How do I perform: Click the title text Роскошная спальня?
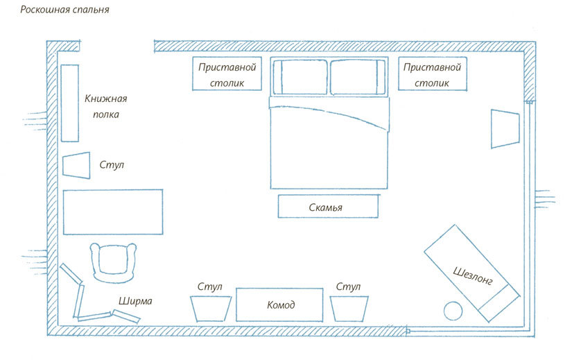[x=64, y=10]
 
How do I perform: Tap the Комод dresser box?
[x=279, y=305]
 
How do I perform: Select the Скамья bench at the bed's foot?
[x=328, y=206]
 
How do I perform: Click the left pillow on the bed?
[x=300, y=77]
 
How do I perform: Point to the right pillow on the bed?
[x=358, y=77]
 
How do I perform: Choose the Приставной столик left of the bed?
[x=227, y=74]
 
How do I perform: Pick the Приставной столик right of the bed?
[x=432, y=74]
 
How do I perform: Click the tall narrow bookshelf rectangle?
[x=69, y=103]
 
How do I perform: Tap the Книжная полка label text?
[x=106, y=106]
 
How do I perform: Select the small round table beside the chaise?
[x=453, y=311]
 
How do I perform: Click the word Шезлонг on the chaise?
[x=473, y=275]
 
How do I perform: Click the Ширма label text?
[x=135, y=301]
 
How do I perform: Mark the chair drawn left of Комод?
[x=211, y=309]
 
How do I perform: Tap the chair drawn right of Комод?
[x=349, y=309]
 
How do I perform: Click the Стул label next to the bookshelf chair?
[x=112, y=164]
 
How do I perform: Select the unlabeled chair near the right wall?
[x=505, y=128]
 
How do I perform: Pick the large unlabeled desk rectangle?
[x=113, y=212]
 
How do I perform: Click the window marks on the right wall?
[x=546, y=199]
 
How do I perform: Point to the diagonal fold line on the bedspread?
[x=329, y=115]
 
